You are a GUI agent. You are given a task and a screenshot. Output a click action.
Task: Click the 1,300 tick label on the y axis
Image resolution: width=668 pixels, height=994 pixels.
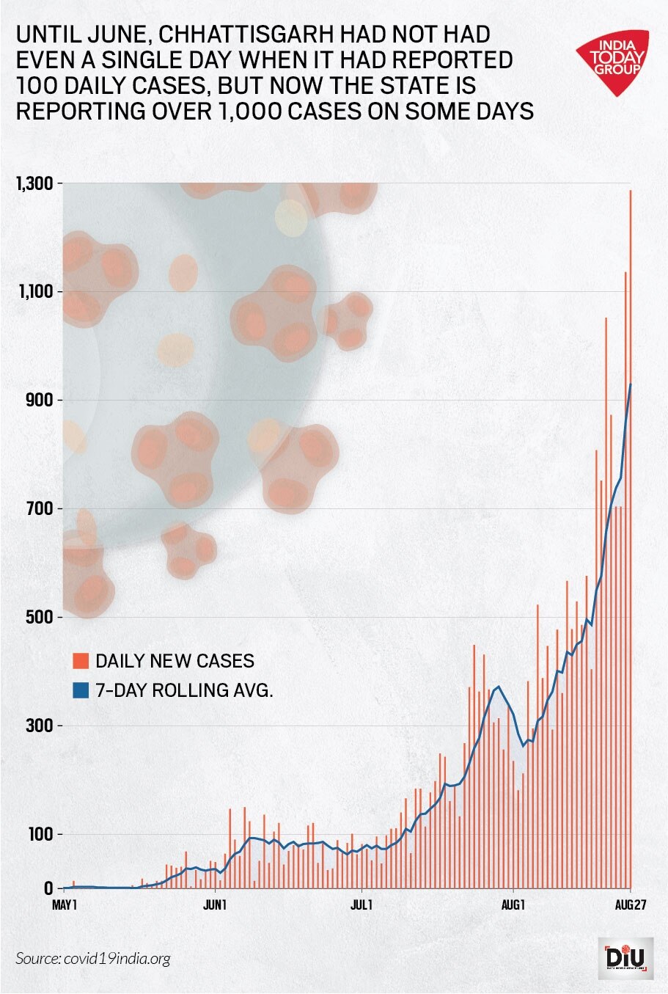[x=34, y=183]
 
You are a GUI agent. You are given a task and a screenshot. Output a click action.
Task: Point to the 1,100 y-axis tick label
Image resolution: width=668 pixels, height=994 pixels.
[x=34, y=292]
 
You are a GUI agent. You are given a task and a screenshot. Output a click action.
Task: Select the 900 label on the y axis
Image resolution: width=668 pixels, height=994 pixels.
[x=39, y=401]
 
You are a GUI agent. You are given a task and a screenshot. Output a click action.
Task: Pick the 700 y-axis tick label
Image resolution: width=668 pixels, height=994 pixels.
[x=39, y=508]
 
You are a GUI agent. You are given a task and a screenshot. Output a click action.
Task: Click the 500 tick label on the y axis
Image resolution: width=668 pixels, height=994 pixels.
[x=39, y=617]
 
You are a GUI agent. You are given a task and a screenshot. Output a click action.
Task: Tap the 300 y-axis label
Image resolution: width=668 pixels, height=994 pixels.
[x=39, y=726]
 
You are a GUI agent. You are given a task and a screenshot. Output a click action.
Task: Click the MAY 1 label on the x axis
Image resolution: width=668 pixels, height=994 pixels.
[x=65, y=905]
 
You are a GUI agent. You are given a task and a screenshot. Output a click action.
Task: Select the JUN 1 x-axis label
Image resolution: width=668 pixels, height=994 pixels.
[x=214, y=905]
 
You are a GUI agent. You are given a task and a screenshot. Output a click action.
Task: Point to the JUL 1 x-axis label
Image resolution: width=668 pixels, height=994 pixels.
[x=361, y=905]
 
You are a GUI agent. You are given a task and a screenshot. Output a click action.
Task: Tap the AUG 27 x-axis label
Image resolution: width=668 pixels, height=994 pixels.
[x=629, y=905]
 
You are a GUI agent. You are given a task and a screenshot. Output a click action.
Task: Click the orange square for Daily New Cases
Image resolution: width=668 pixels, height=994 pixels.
[x=81, y=660]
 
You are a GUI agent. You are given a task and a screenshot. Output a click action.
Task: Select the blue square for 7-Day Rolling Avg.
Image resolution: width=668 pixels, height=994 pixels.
[x=81, y=690]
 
